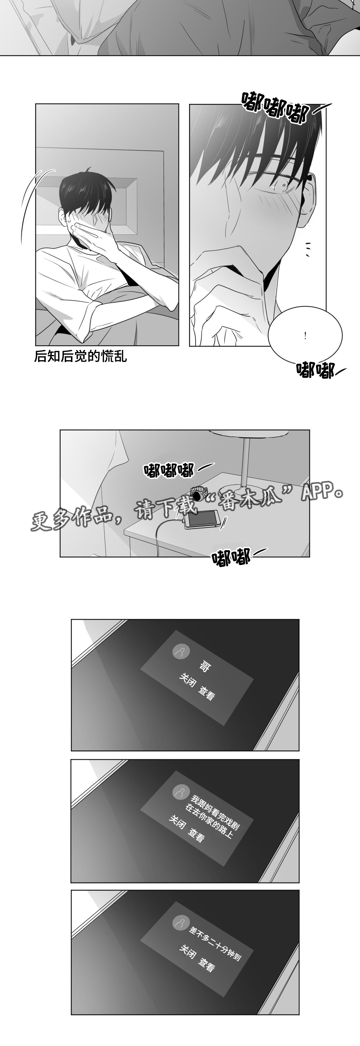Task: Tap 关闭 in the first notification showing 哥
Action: [188, 680]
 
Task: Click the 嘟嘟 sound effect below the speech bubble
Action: [315, 370]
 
